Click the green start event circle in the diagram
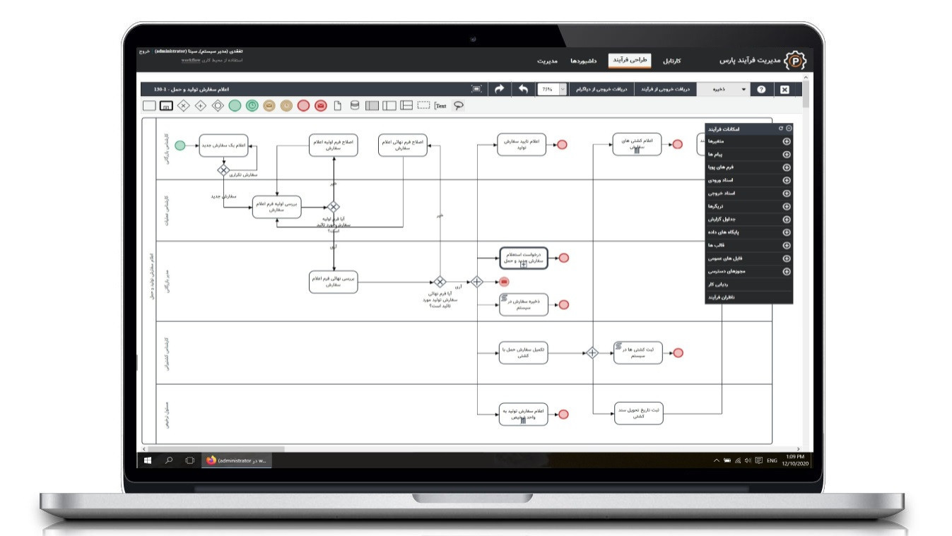tap(180, 145)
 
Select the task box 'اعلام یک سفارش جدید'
tap(226, 145)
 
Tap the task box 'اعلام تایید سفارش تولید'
tap(522, 145)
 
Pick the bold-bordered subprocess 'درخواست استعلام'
tap(523, 258)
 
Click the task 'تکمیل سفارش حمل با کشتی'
tap(524, 353)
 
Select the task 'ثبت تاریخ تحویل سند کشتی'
tap(638, 414)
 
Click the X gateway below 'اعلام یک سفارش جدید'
tap(223, 169)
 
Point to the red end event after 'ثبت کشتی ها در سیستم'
tap(678, 353)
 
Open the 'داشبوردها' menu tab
tap(584, 61)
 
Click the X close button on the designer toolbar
tap(784, 90)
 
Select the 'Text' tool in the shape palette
tap(440, 106)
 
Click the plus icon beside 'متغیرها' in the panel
tap(787, 141)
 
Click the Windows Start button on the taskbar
tap(148, 460)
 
